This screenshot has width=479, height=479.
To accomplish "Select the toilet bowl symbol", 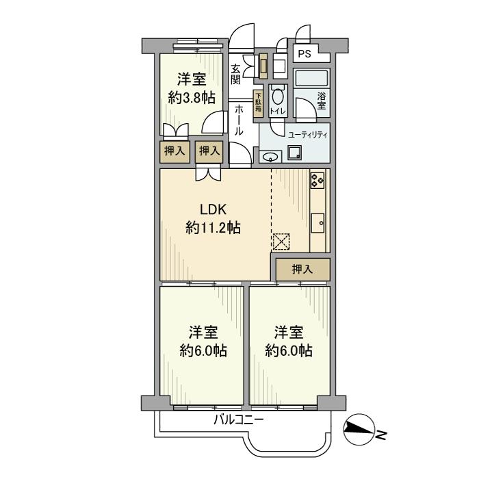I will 276,96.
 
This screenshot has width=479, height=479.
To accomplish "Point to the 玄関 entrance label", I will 235,75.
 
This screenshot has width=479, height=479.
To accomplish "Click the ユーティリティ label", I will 307,135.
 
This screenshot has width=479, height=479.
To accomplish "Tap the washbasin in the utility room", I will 270,155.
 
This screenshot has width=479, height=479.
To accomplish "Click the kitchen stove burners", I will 318,180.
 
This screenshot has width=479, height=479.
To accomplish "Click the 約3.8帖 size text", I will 192,97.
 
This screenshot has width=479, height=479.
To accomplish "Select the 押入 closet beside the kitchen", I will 302,270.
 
